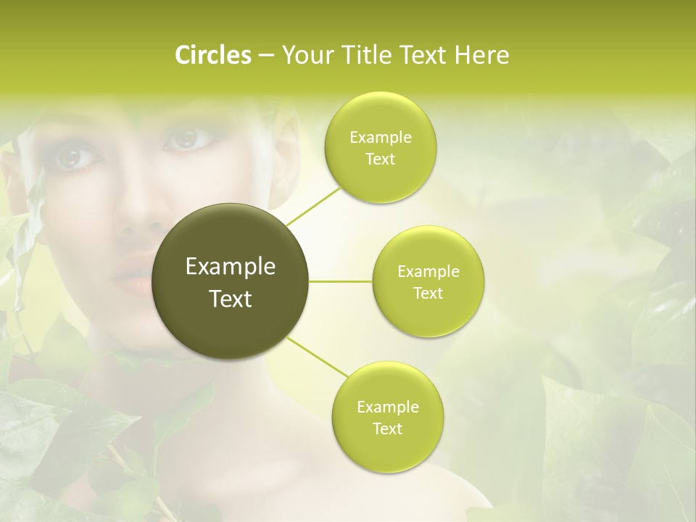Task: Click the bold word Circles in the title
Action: coord(212,55)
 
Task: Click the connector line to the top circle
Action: coord(313,206)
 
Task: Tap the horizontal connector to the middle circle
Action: coord(341,281)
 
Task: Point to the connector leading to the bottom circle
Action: coord(318,358)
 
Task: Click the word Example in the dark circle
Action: coord(231,267)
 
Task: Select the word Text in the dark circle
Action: coord(231,299)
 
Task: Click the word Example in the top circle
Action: coord(381,138)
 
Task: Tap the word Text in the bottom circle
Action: coord(387,428)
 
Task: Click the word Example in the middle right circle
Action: coord(428,272)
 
